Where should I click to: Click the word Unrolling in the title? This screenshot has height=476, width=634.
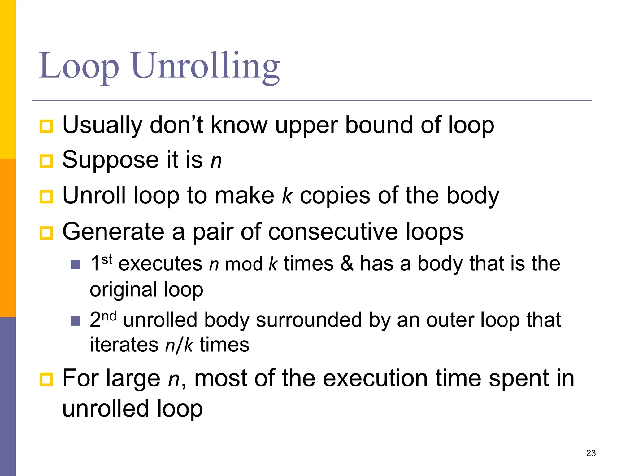click(x=206, y=66)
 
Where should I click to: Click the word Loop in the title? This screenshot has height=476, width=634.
click(x=79, y=66)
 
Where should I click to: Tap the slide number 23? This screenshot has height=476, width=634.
click(x=591, y=453)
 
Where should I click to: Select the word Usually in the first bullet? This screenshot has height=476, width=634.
click(x=102, y=125)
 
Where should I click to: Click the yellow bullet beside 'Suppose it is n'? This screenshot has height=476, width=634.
click(x=46, y=161)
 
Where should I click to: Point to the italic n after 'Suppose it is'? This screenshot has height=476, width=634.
click(x=216, y=161)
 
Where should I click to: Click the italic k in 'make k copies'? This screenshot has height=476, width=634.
click(x=287, y=196)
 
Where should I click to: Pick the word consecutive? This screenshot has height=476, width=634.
click(x=333, y=232)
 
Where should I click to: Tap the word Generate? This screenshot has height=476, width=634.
click(x=113, y=232)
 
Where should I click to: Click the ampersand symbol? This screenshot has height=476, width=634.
click(x=347, y=264)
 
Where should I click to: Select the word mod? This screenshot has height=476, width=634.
click(x=244, y=264)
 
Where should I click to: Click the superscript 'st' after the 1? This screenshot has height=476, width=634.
click(x=107, y=259)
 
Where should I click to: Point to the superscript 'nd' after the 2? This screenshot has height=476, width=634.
click(x=109, y=316)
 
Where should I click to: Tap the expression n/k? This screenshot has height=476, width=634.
click(x=179, y=345)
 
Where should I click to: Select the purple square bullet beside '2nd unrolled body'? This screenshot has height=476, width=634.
click(x=76, y=321)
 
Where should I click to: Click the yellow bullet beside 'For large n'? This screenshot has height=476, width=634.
click(x=46, y=379)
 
